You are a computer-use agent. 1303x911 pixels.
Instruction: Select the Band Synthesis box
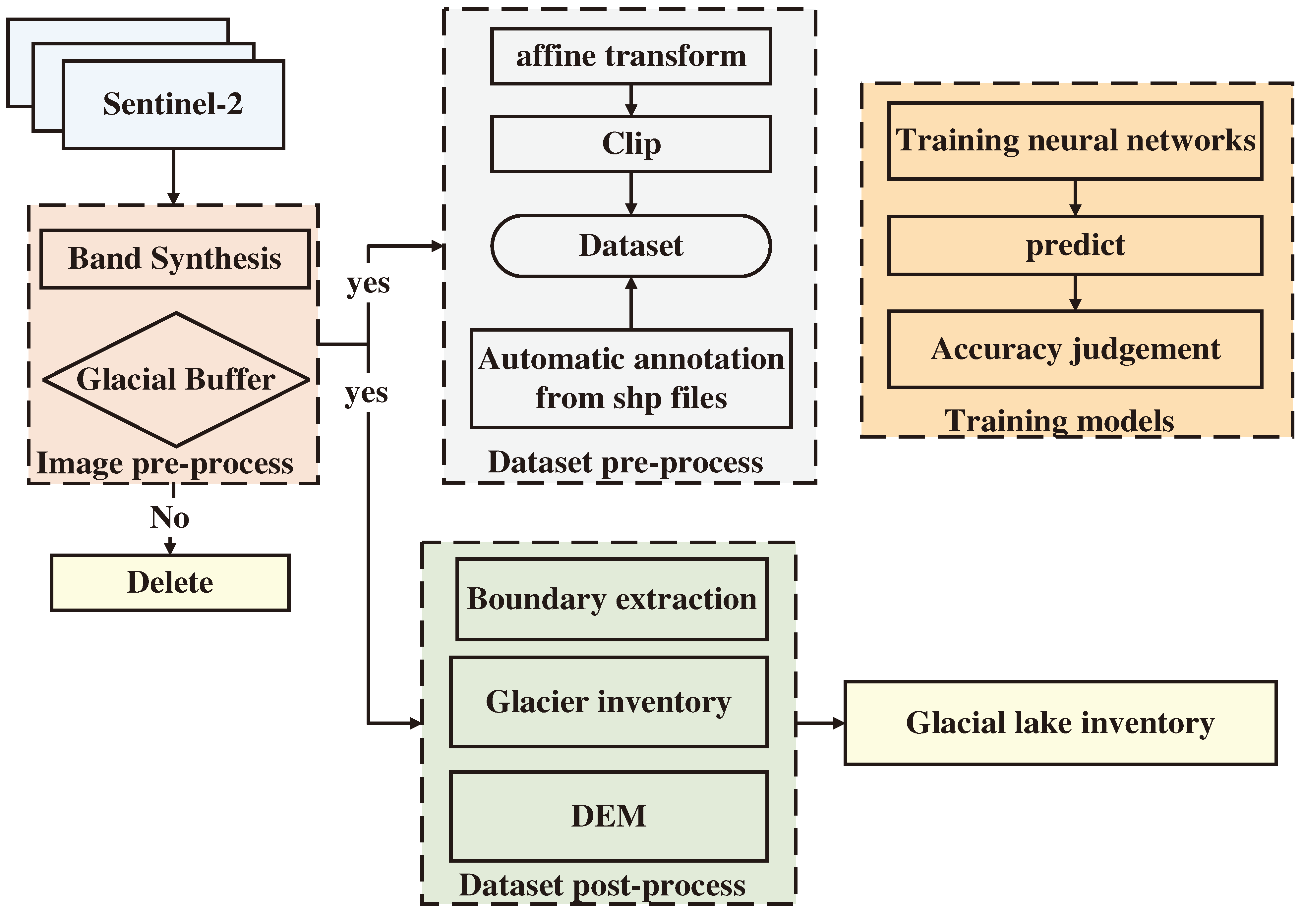175,259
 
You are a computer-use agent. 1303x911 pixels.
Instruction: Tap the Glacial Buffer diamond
176,379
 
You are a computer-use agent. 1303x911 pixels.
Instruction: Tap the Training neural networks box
1075,141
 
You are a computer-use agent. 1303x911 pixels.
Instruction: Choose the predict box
1075,245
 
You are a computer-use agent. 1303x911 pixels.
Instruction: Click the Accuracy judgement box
1075,349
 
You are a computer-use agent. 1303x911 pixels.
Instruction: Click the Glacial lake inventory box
1060,723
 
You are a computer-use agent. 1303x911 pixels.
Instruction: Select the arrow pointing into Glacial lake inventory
820,723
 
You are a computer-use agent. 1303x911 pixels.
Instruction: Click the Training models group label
1059,421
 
